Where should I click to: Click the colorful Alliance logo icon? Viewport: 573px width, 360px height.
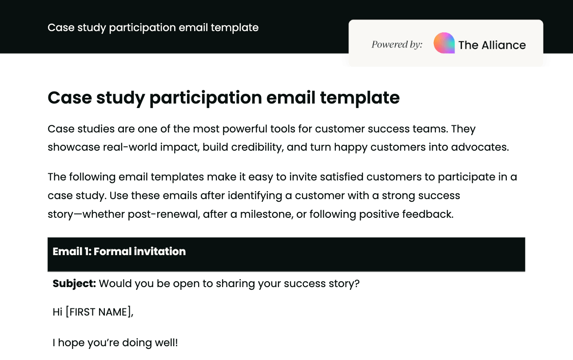coord(444,44)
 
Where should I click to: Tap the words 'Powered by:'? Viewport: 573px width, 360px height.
coord(397,44)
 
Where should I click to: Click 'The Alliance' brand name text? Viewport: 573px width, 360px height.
coord(492,45)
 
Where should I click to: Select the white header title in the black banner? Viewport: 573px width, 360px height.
coord(153,28)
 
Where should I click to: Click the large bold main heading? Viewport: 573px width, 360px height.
coord(223,98)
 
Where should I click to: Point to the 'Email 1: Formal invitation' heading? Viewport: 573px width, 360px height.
coord(119,252)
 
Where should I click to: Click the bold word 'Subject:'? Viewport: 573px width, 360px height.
coord(74,284)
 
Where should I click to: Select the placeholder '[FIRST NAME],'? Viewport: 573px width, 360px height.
coord(99,312)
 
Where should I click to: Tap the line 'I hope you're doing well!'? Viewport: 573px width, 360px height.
coord(115,343)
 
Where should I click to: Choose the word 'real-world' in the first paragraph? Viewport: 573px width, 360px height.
coord(127,147)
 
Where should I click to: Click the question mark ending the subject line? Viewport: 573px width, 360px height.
coord(357,284)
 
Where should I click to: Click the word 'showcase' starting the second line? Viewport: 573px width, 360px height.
coord(73,147)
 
